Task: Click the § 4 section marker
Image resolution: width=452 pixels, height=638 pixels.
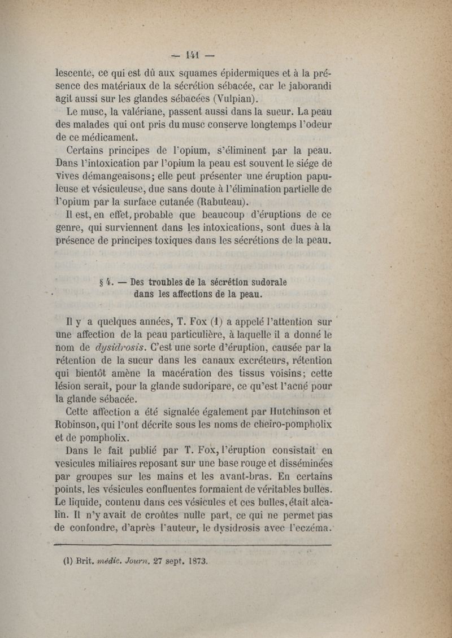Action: [x=103, y=280]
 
